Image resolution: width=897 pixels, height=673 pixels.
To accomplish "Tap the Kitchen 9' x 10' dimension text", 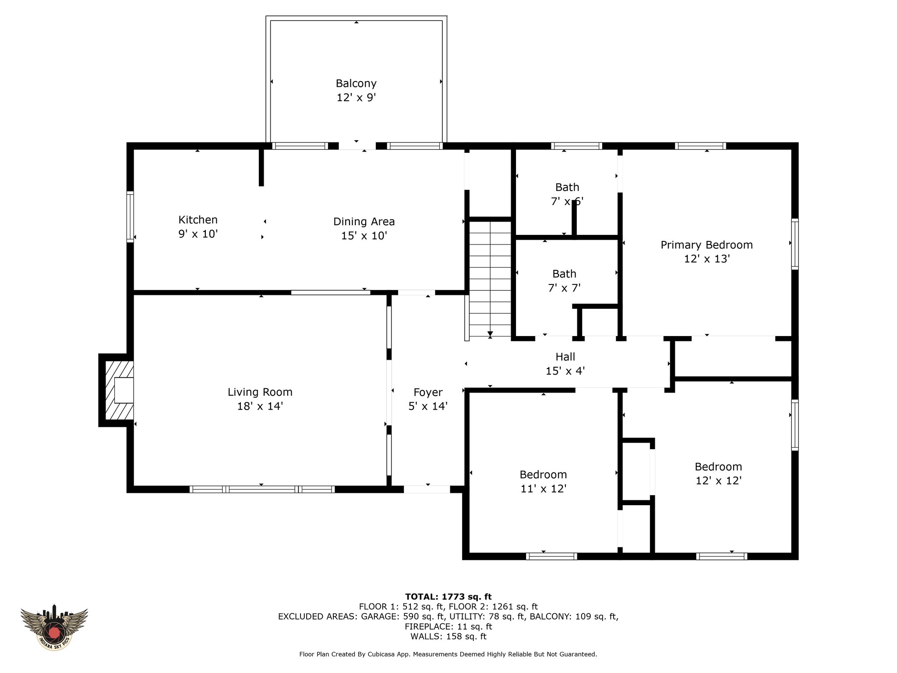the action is [x=198, y=234].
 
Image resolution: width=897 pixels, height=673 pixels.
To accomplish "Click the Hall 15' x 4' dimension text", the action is [x=565, y=371].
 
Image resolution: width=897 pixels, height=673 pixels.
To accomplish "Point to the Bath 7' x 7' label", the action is [x=564, y=281].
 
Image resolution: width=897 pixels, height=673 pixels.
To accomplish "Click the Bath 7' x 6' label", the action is [x=567, y=194].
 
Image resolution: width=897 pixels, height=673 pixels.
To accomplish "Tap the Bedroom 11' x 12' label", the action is [x=544, y=482].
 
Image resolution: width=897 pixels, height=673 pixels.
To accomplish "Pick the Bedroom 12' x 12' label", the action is [x=718, y=474].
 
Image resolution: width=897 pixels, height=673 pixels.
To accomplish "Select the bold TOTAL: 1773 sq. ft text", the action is [x=448, y=596].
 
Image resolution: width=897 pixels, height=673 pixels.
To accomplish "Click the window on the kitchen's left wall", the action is [x=130, y=216].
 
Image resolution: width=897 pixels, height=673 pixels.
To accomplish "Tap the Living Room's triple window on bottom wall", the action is [x=262, y=489].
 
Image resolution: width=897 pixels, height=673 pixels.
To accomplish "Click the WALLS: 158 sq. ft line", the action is [x=448, y=637].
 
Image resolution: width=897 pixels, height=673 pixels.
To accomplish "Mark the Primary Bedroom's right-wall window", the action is [x=795, y=244].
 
